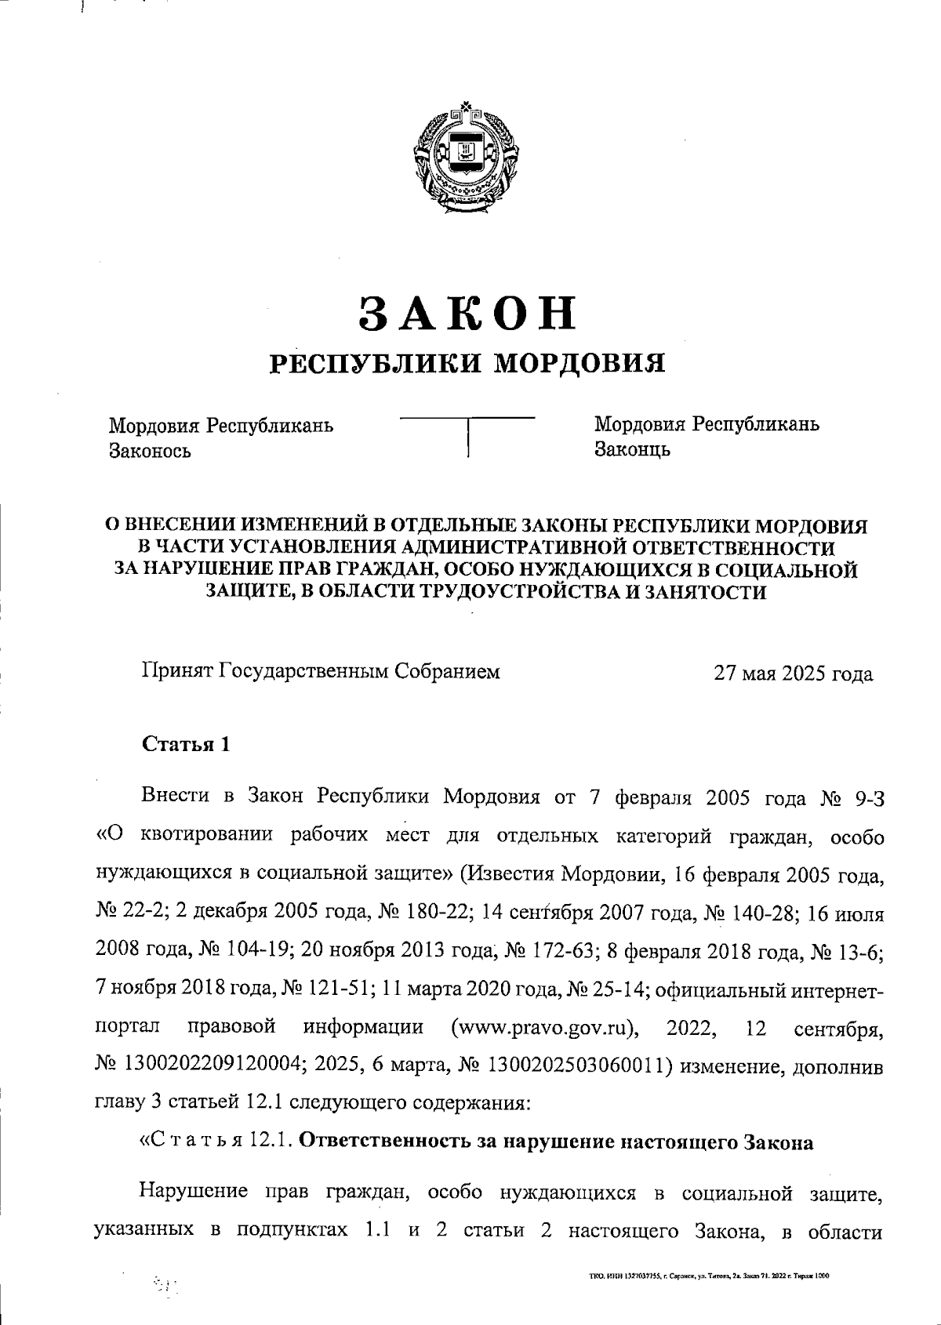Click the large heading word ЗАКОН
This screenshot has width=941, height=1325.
click(467, 312)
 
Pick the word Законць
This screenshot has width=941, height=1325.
click(632, 449)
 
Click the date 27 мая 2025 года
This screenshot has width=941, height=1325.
click(792, 673)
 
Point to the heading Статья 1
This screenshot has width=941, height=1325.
click(186, 744)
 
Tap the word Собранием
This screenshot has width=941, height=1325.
click(445, 672)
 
